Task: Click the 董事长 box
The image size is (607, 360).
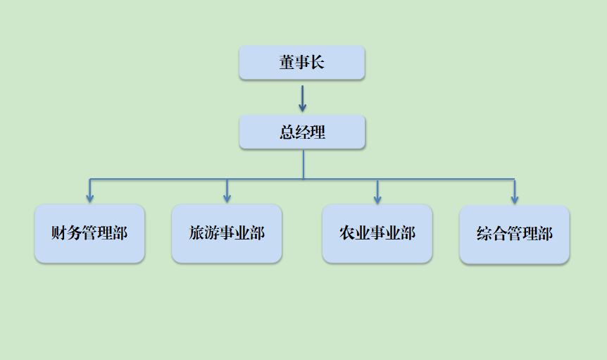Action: tap(301, 63)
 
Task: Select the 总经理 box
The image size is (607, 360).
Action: tap(302, 132)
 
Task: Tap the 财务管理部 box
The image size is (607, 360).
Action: tap(89, 234)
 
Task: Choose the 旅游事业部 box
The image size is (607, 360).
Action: tap(227, 233)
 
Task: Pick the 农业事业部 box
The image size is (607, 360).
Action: tap(377, 233)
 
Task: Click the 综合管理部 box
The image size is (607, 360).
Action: tap(514, 235)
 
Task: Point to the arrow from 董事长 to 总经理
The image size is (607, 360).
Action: tap(302, 98)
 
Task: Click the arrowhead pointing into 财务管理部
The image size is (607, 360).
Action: tap(89, 198)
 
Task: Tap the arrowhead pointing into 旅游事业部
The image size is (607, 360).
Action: tap(227, 198)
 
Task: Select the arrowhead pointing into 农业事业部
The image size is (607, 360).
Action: tap(377, 198)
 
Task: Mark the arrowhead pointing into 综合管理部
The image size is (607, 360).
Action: tap(515, 199)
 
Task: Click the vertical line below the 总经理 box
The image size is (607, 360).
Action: tap(303, 163)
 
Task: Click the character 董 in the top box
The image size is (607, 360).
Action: tap(287, 63)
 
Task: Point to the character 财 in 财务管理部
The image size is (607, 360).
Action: tap(59, 233)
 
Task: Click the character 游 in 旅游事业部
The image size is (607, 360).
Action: tap(212, 233)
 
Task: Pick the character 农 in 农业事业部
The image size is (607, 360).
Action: tap(346, 233)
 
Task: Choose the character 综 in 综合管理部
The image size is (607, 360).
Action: tap(484, 235)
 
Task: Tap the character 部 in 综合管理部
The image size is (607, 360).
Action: tap(544, 235)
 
